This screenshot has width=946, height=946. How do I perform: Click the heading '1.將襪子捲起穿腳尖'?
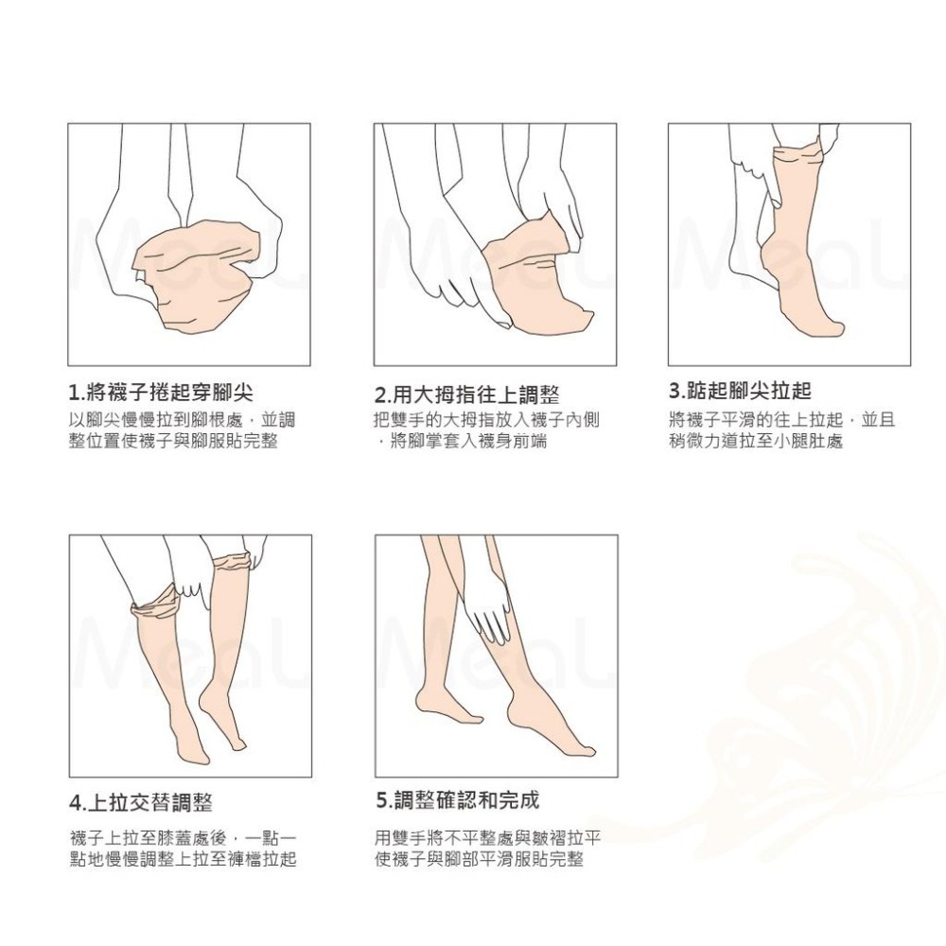coord(161,393)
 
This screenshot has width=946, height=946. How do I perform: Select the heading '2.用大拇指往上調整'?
coord(467,395)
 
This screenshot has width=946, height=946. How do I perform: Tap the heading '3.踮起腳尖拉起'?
coord(741,391)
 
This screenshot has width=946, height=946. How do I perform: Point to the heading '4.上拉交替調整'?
coord(141,803)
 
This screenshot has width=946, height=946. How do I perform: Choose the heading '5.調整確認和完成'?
coord(457,800)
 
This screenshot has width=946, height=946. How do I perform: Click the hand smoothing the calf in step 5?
coord(490,610)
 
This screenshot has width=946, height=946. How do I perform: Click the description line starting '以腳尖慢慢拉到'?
coord(182,420)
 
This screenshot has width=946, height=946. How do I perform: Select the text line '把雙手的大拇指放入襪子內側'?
coord(486,420)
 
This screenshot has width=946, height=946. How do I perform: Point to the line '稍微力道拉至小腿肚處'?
coord(755,441)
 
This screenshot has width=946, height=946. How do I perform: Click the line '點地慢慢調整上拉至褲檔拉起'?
coord(183,859)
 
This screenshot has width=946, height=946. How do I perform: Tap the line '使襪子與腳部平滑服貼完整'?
coord(479,859)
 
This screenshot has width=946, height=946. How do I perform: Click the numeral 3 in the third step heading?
coord(674,391)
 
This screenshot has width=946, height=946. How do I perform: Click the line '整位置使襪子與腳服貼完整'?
coord(173,441)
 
